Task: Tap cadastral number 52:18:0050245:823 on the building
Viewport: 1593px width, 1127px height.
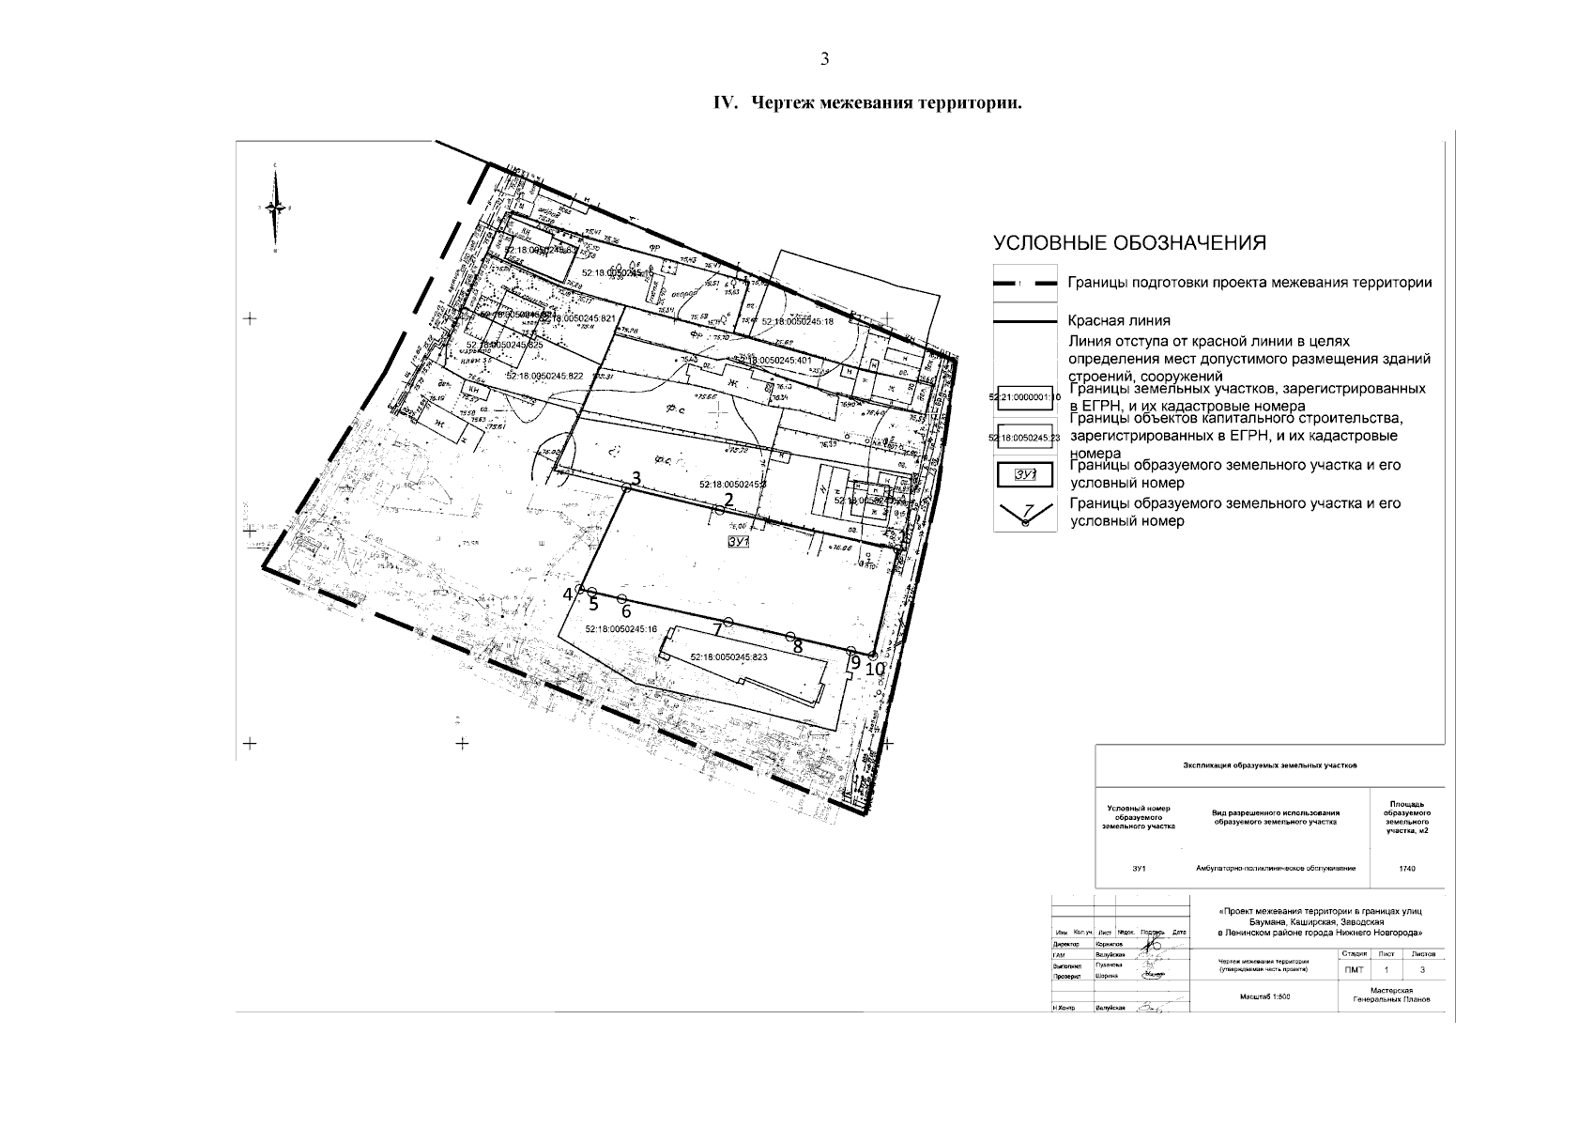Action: [728, 657]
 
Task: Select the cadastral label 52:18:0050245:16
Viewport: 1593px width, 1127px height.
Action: [620, 629]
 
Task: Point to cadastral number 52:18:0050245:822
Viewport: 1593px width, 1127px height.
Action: [544, 376]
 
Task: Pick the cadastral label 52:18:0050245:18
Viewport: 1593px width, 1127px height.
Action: [798, 322]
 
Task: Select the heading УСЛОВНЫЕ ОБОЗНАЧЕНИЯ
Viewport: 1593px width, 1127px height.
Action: [1130, 244]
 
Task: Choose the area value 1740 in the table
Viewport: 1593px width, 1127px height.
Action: [1406, 869]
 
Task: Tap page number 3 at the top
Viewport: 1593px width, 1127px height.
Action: [824, 59]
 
